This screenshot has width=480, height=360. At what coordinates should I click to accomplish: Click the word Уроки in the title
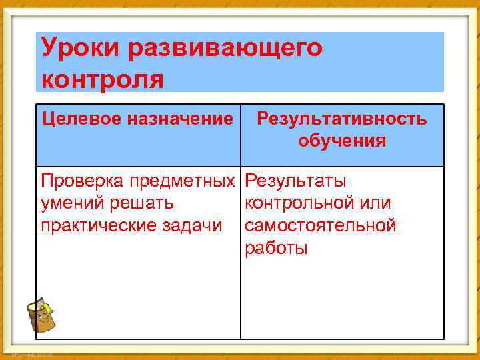79,47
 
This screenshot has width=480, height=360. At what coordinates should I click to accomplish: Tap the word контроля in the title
102,78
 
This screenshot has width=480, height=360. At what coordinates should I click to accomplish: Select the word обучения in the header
342,141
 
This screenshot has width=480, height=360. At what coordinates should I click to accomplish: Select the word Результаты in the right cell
295,181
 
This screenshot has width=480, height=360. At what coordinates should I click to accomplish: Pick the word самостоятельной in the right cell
321,225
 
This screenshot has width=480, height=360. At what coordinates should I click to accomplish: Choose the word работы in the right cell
277,248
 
